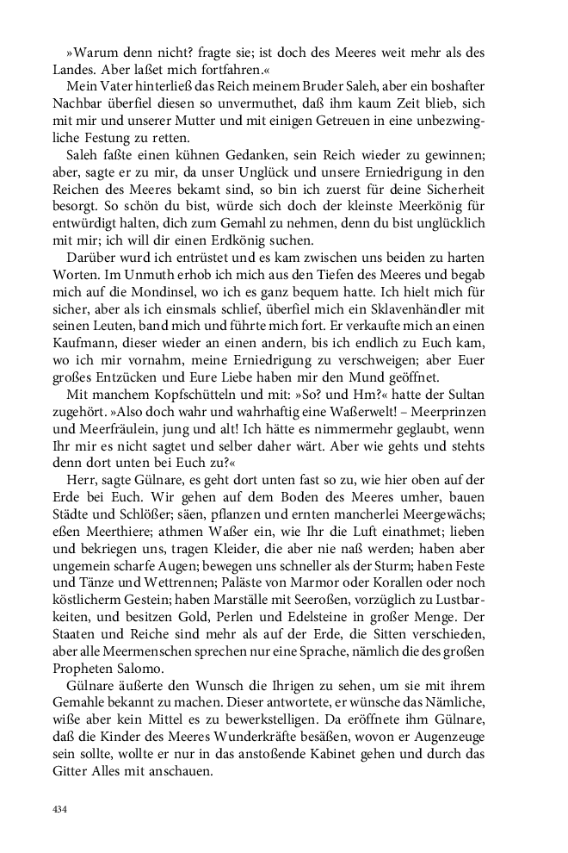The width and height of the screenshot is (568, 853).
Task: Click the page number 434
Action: coord(60,808)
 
